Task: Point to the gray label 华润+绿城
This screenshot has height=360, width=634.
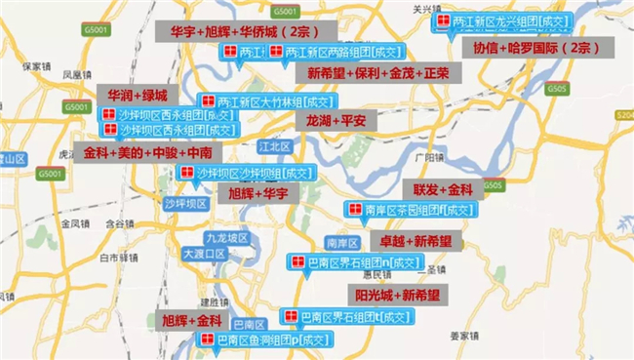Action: (x=138, y=95)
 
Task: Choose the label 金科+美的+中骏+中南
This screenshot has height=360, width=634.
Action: (x=146, y=154)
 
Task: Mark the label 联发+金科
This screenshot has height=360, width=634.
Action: (x=442, y=188)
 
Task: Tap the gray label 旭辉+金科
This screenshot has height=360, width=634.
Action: (x=191, y=320)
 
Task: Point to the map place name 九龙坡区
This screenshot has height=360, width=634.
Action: (x=202, y=236)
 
